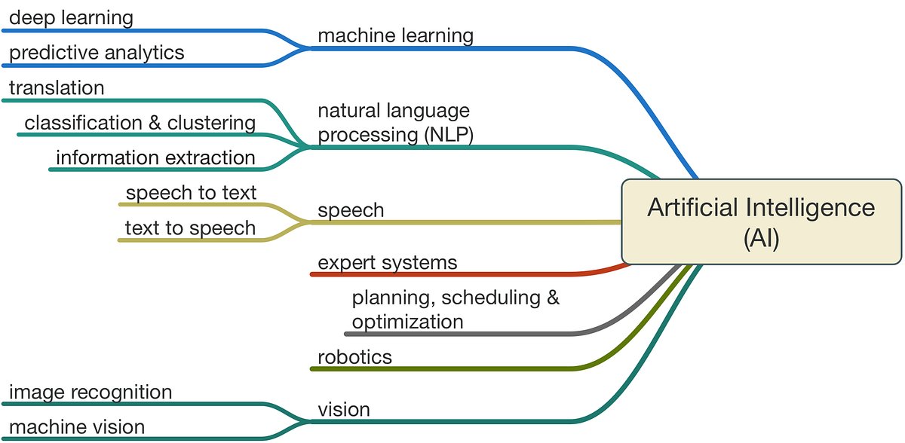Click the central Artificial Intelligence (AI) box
761,221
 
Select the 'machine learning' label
395,35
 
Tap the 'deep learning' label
71,17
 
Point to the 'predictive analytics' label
97,53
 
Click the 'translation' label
57,88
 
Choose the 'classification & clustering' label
140,123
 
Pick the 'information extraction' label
155,157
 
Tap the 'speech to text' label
191,193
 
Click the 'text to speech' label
190,228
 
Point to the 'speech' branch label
351,210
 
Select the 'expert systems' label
388,262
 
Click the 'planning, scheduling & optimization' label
456,309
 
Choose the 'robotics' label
354,356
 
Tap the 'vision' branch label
344,409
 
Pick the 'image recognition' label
90,392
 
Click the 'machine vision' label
77,427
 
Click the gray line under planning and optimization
468,333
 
